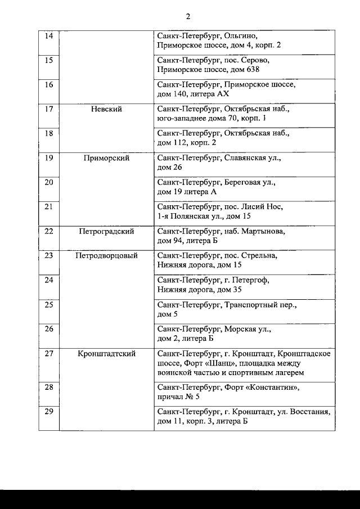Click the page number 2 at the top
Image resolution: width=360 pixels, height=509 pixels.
click(x=188, y=16)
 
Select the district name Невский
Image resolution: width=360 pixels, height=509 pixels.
click(x=106, y=109)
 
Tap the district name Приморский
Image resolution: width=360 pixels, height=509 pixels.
click(x=106, y=158)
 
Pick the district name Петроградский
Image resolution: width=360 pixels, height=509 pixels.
click(x=106, y=231)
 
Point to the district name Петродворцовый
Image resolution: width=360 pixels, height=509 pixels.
click(x=106, y=256)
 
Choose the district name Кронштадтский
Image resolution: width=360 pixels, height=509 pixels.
click(x=106, y=354)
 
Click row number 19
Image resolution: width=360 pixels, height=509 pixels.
click(x=48, y=158)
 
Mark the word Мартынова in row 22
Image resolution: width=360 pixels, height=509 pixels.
click(x=263, y=231)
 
